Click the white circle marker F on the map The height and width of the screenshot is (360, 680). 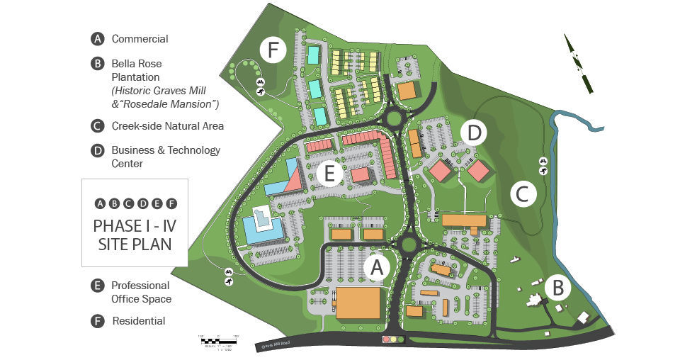tap(273, 50)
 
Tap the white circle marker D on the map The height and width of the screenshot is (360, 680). tap(474, 133)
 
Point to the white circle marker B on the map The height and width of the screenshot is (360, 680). tap(558, 288)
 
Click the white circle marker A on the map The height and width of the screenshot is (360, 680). tap(377, 267)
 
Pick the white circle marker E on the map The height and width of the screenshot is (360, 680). tap(329, 172)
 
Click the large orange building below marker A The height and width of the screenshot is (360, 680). tap(358, 303)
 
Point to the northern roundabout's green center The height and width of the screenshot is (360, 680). tap(394, 117)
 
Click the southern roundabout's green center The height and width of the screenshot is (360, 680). tap(408, 245)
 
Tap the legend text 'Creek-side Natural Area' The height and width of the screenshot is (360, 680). tap(167, 126)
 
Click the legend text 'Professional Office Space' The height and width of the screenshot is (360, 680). tap(141, 292)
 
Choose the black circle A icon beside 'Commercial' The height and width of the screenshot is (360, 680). tap(98, 39)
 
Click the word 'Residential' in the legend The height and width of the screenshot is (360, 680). tap(139, 321)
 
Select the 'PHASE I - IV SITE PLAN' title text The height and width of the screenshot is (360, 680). tap(134, 235)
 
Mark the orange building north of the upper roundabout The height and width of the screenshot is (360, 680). tap(407, 91)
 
